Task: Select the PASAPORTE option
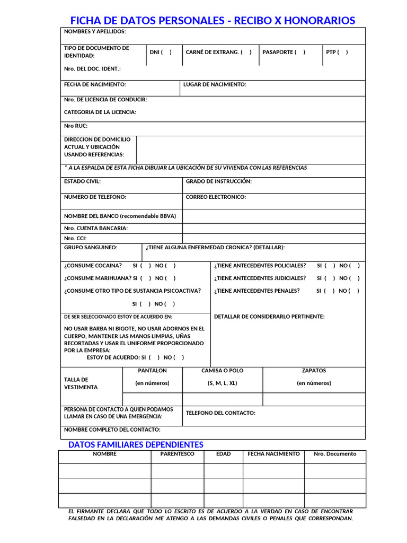[x=284, y=52]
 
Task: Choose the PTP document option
[x=337, y=52]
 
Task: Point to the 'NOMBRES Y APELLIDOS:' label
[x=95, y=32]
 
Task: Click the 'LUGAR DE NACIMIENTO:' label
[x=215, y=85]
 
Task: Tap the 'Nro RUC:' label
[x=76, y=126]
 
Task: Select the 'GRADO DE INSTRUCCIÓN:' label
[x=219, y=181]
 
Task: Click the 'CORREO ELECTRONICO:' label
[x=216, y=197]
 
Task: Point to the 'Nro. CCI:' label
[x=75, y=239]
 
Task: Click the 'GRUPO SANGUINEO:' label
[x=91, y=248]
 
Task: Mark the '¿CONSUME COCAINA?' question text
[x=93, y=266]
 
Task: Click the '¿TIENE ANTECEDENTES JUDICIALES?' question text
[x=260, y=278]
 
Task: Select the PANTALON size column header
[x=152, y=371]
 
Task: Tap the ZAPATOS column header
[x=314, y=371]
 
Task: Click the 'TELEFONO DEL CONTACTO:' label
[x=220, y=413]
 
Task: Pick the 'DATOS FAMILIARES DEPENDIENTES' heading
[x=136, y=444]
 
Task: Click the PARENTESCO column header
[x=177, y=454]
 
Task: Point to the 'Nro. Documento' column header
[x=335, y=454]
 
